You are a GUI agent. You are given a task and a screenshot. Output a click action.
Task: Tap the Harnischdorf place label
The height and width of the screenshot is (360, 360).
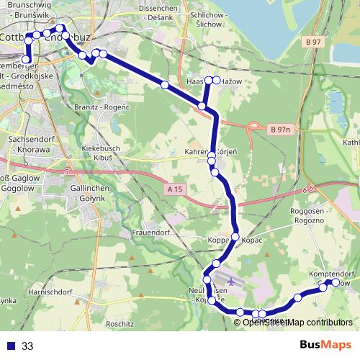coord(53,292)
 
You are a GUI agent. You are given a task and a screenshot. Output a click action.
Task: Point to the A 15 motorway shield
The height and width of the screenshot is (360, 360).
coord(173,189)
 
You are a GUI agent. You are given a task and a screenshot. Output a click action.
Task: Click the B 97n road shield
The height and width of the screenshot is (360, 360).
coord(280,130)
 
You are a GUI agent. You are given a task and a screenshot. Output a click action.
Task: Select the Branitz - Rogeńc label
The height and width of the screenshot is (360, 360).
coord(102,107)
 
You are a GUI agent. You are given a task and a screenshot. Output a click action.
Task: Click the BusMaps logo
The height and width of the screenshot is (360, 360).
coord(321,346)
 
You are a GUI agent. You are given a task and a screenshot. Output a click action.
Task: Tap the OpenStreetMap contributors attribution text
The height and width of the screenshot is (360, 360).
coord(297,322)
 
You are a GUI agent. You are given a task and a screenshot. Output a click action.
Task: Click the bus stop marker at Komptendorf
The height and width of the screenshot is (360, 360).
coord(335,283)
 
